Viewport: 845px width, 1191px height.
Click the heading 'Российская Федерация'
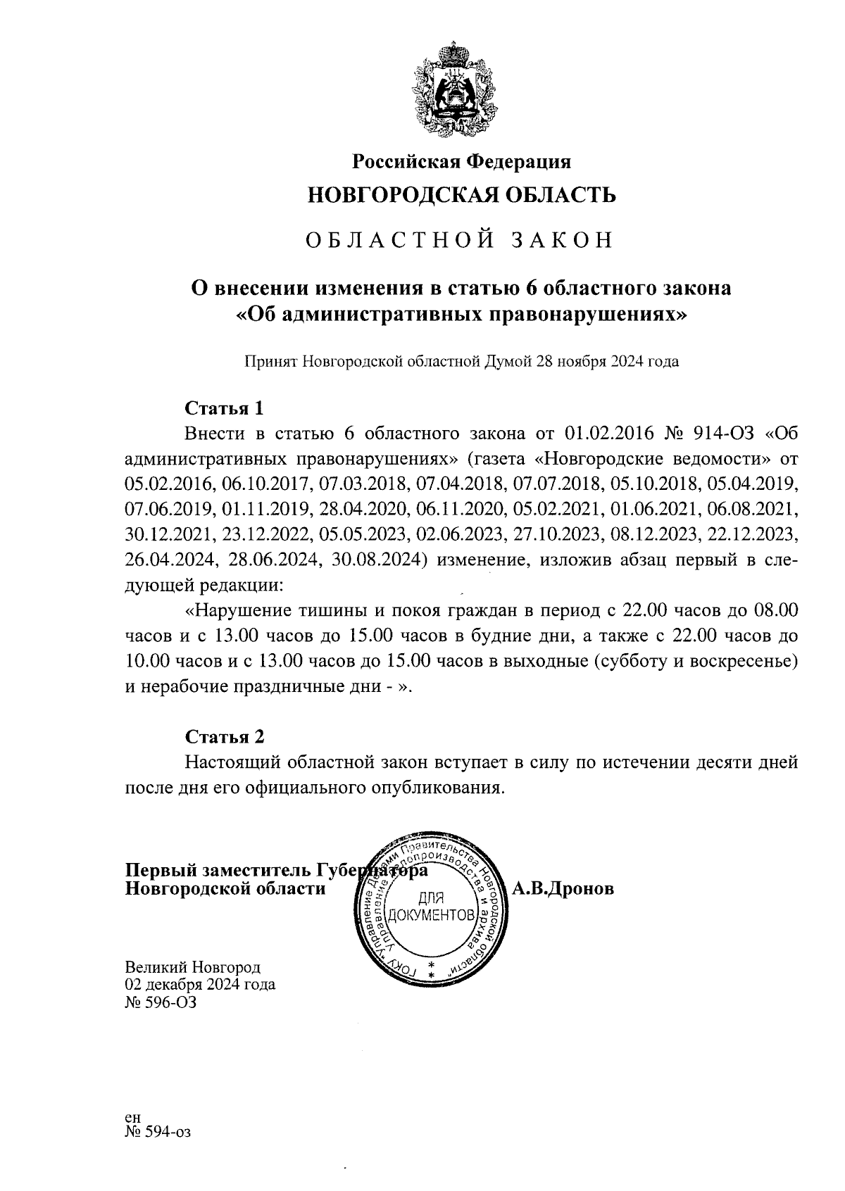point(461,162)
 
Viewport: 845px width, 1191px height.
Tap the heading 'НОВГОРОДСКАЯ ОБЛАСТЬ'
point(461,195)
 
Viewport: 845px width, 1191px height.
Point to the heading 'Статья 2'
point(225,736)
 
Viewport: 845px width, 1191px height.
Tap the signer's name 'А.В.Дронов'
point(563,889)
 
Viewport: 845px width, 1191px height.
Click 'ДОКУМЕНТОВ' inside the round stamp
point(430,916)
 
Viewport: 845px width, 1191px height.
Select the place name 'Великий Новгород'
point(192,968)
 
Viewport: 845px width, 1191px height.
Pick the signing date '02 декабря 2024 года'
point(200,985)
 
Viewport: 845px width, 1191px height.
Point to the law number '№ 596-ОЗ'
point(161,1002)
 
